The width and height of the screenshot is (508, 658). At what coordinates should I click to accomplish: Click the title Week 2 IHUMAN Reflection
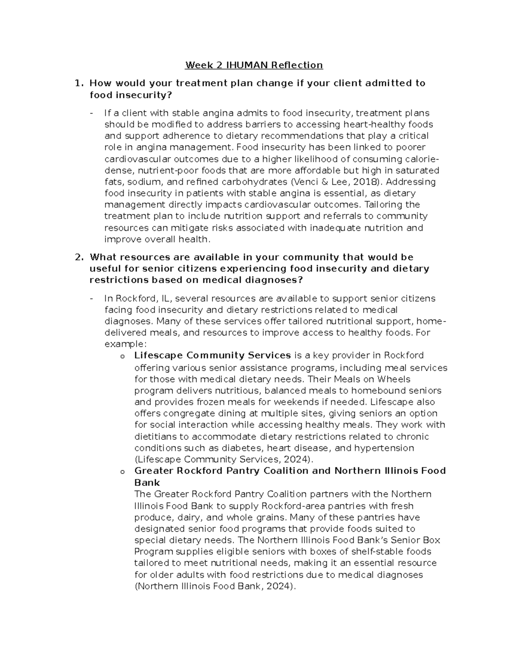click(x=254, y=65)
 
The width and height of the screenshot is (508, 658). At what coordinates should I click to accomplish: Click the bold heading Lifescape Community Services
click(x=212, y=355)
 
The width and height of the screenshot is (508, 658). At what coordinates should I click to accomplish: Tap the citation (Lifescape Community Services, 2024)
click(x=224, y=459)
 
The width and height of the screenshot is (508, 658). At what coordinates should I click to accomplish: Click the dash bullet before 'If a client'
click(x=92, y=113)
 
